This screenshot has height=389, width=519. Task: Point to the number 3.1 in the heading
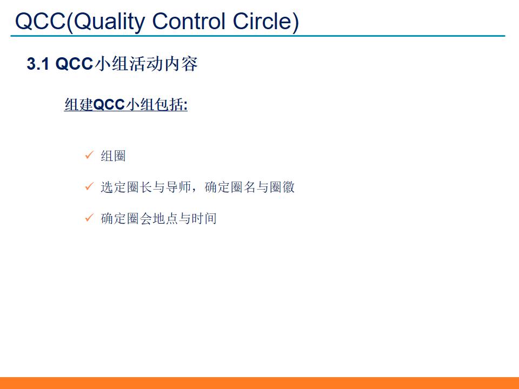coord(38,64)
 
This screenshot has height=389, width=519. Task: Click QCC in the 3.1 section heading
coord(75,64)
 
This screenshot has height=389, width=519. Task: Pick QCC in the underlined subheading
coord(109,105)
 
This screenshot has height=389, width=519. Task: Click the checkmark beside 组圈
coord(90,156)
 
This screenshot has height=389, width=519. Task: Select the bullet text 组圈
coord(113,156)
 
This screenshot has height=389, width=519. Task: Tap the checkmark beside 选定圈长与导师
coord(90,187)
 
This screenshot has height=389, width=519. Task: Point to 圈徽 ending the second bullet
coord(282,187)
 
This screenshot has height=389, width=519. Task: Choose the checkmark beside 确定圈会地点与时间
coord(90,218)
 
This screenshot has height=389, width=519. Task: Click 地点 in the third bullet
coord(165,219)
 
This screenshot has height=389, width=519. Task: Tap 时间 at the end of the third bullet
coord(204,219)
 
